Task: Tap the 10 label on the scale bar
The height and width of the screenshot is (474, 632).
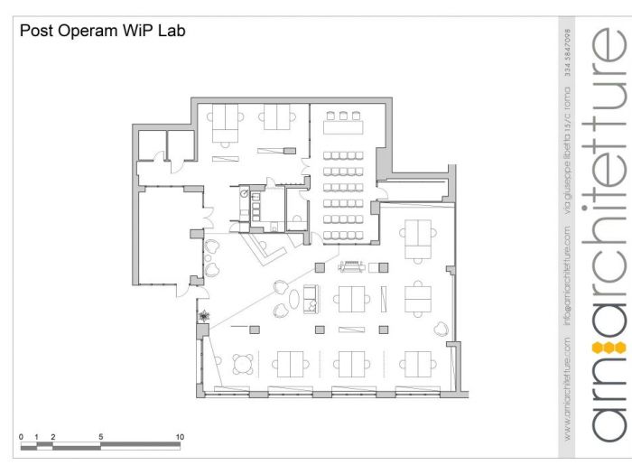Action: pos(180,436)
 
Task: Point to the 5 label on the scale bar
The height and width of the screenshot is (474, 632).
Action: pos(100,436)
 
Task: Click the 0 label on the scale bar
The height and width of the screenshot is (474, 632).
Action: pos(21,436)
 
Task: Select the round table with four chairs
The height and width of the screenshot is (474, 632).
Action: pos(243,363)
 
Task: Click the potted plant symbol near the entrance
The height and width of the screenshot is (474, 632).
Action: pos(206,316)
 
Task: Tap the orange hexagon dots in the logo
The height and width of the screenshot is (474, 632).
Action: pos(602,347)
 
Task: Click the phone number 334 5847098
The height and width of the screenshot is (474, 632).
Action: pos(568,62)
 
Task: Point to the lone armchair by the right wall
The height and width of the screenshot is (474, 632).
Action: pos(442,328)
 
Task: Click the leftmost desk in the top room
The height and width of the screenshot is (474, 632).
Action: pos(225,116)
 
